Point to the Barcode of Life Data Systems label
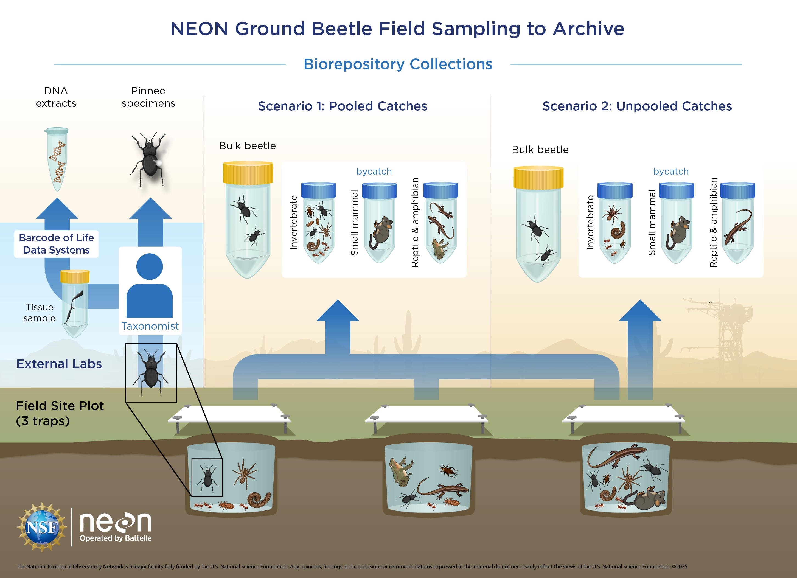tap(56, 244)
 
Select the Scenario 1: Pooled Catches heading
tap(343, 106)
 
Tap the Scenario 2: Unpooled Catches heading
tap(637, 106)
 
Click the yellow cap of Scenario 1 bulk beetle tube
tap(248, 172)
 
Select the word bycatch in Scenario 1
tap(374, 172)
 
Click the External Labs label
tap(59, 364)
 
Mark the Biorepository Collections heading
tap(398, 64)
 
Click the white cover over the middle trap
tap(426, 414)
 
